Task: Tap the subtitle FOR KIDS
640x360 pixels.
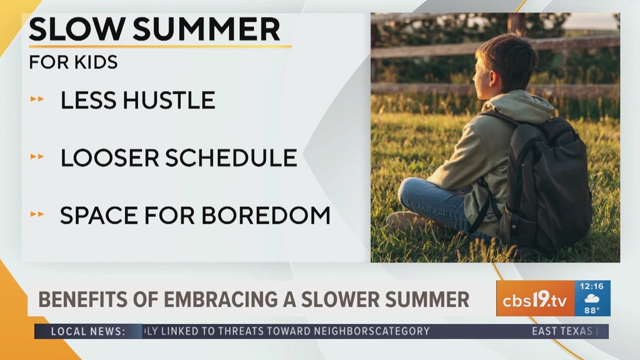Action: click(73, 62)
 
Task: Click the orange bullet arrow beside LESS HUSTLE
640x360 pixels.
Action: click(37, 100)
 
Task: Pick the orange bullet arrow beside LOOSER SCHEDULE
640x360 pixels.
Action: click(37, 157)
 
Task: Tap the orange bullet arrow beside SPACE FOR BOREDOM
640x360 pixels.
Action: click(37, 215)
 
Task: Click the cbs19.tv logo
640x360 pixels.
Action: click(534, 299)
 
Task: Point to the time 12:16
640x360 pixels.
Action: click(592, 286)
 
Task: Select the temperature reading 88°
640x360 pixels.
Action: click(592, 310)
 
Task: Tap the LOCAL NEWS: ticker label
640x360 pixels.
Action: click(88, 331)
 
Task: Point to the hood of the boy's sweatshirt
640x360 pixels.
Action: click(525, 107)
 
